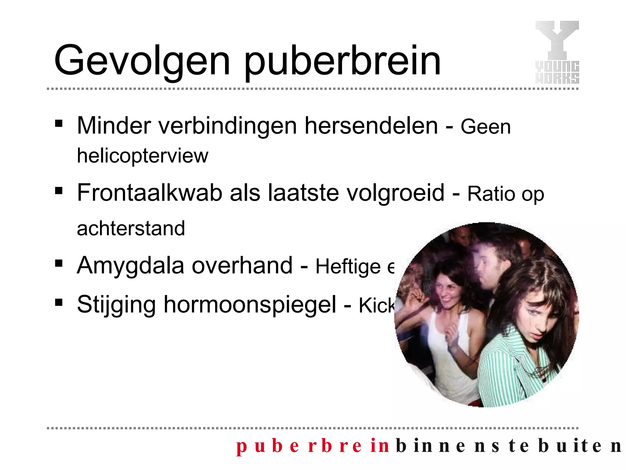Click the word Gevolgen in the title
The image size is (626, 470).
coord(142,61)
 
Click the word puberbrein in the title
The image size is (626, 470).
coord(342,61)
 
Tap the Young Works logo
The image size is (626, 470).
coord(557,52)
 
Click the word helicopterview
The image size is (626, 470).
coord(142,156)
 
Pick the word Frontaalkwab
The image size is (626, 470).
coord(149,193)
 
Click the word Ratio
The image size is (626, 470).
coord(492,194)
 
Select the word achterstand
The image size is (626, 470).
coord(131,228)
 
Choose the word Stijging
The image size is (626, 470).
coord(116,305)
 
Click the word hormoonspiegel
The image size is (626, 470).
coord(250,305)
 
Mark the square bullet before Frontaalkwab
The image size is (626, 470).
coord(59,191)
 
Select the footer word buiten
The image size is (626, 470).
coord(579,446)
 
